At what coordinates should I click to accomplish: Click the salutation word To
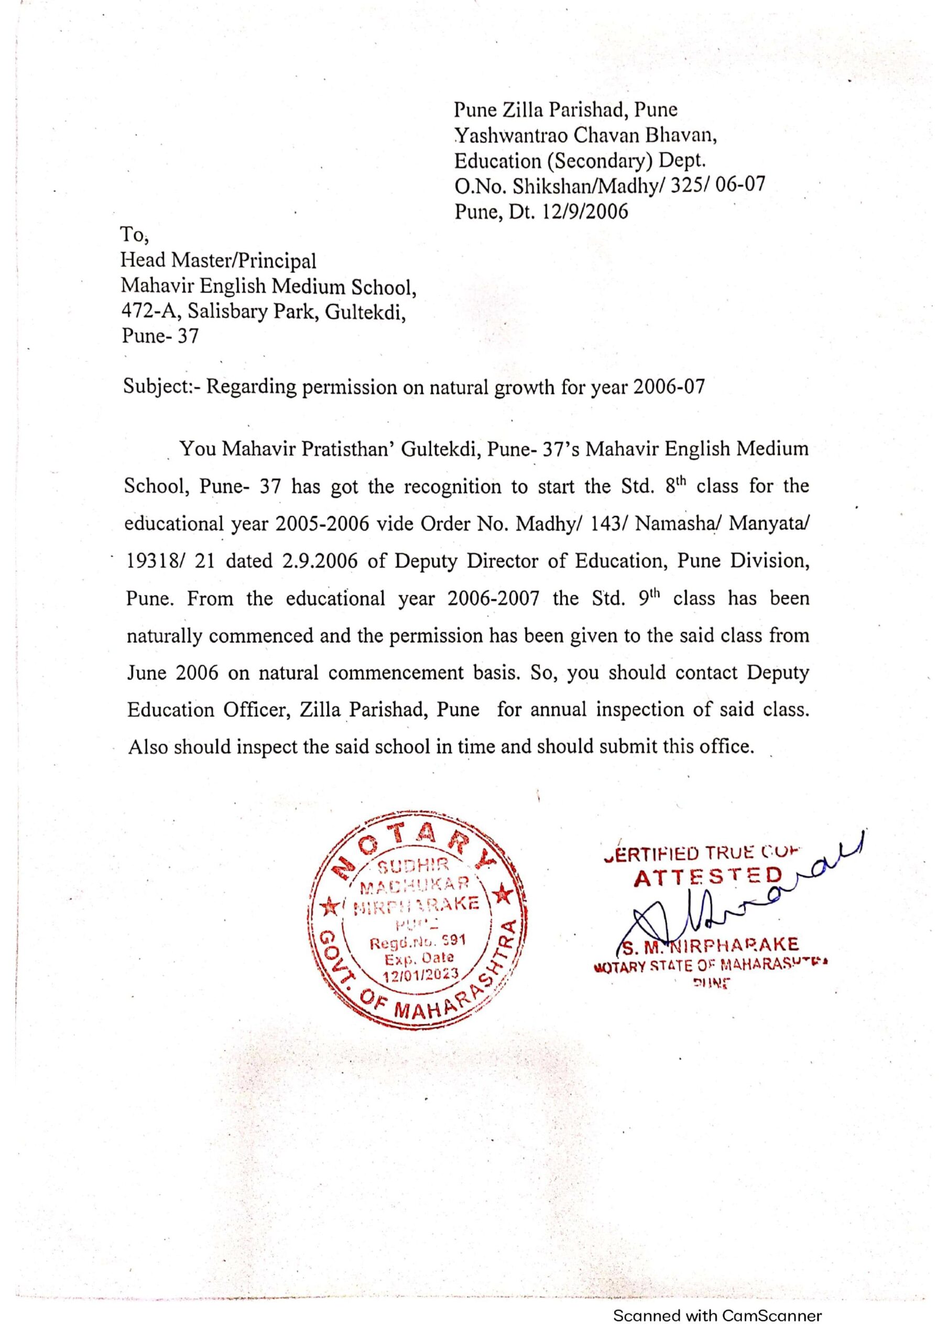(134, 234)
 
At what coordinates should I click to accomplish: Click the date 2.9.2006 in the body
(320, 560)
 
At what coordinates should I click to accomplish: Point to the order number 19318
(151, 560)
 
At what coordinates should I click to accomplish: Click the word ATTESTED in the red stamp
(708, 877)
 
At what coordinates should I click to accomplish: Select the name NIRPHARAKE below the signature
(740, 944)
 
